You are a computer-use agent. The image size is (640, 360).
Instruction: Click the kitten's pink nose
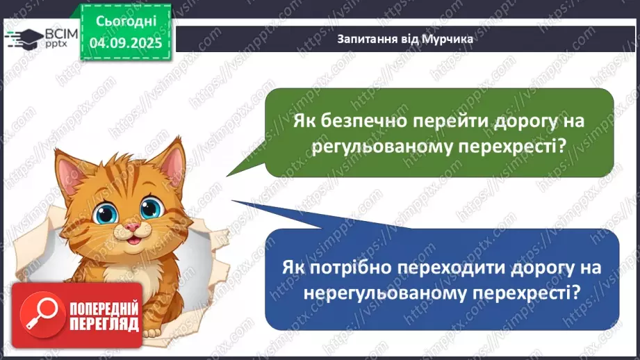[130, 227]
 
